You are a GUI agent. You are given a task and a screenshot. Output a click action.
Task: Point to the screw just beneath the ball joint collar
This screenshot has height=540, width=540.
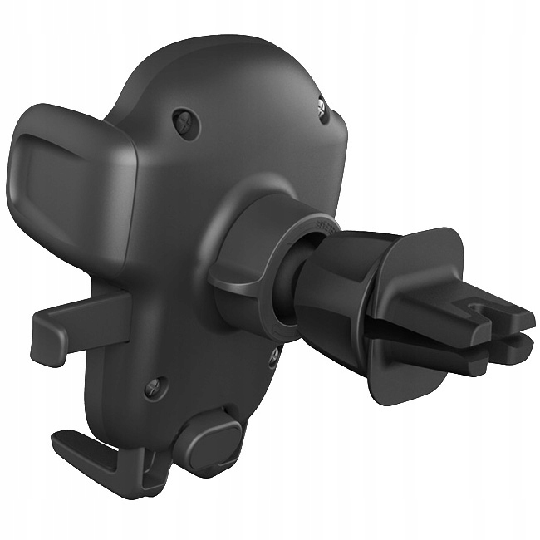[272, 358]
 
